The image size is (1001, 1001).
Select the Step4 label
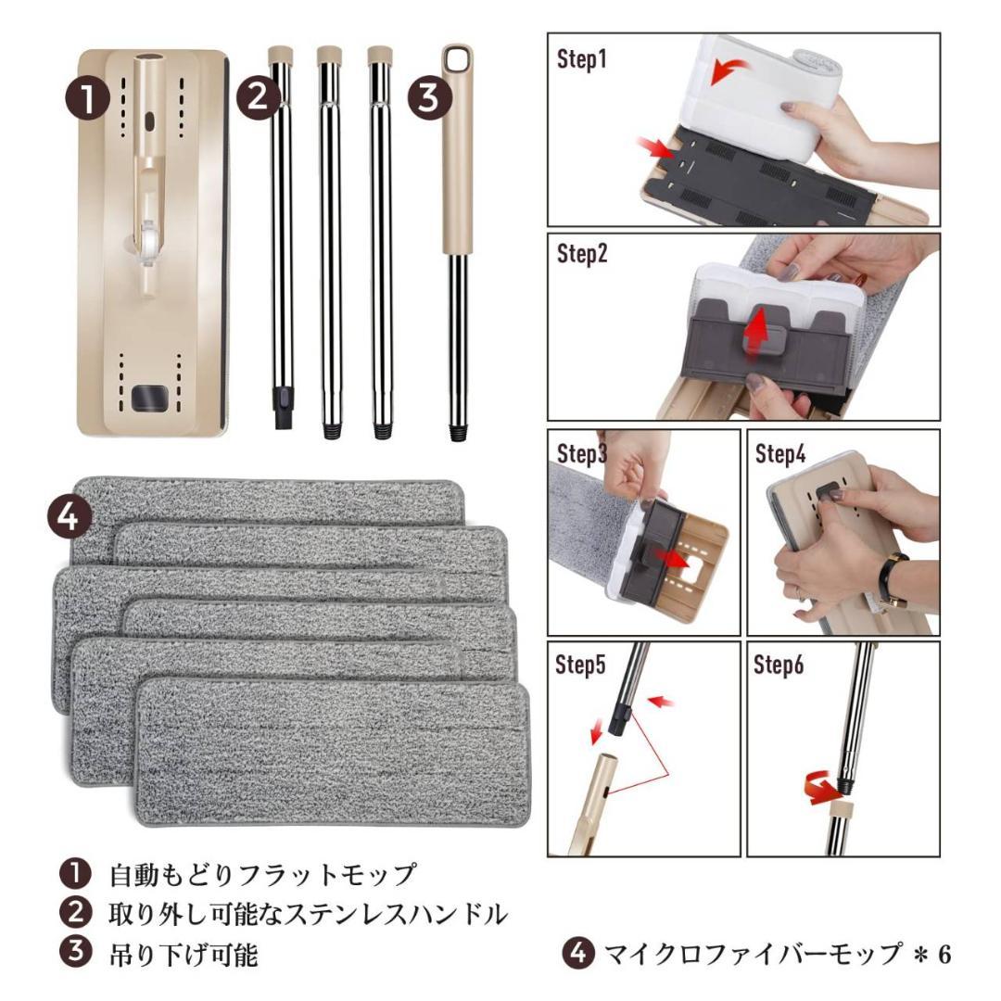[x=780, y=454]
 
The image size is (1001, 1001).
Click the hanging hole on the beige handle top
[x=455, y=58]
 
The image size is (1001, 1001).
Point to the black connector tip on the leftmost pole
[x=282, y=401]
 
